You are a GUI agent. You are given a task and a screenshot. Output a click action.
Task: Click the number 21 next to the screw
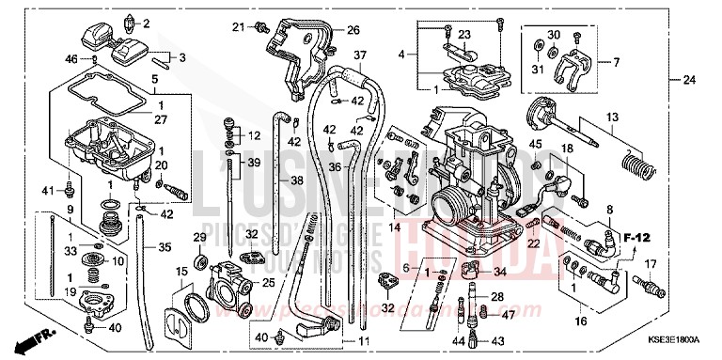(238, 25)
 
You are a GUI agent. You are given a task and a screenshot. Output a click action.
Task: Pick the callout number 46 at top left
(71, 59)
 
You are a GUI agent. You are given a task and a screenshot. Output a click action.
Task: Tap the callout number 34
(499, 273)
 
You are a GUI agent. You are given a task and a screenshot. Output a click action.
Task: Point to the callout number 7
(617, 62)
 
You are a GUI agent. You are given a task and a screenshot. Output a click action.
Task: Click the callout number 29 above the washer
(199, 236)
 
